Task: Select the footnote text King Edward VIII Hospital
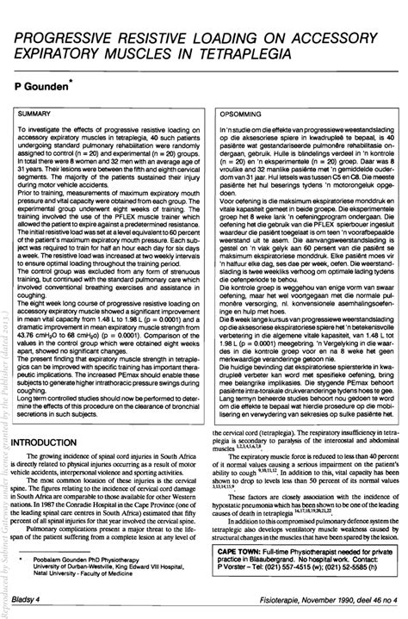pyautogui.click(x=154, y=564)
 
